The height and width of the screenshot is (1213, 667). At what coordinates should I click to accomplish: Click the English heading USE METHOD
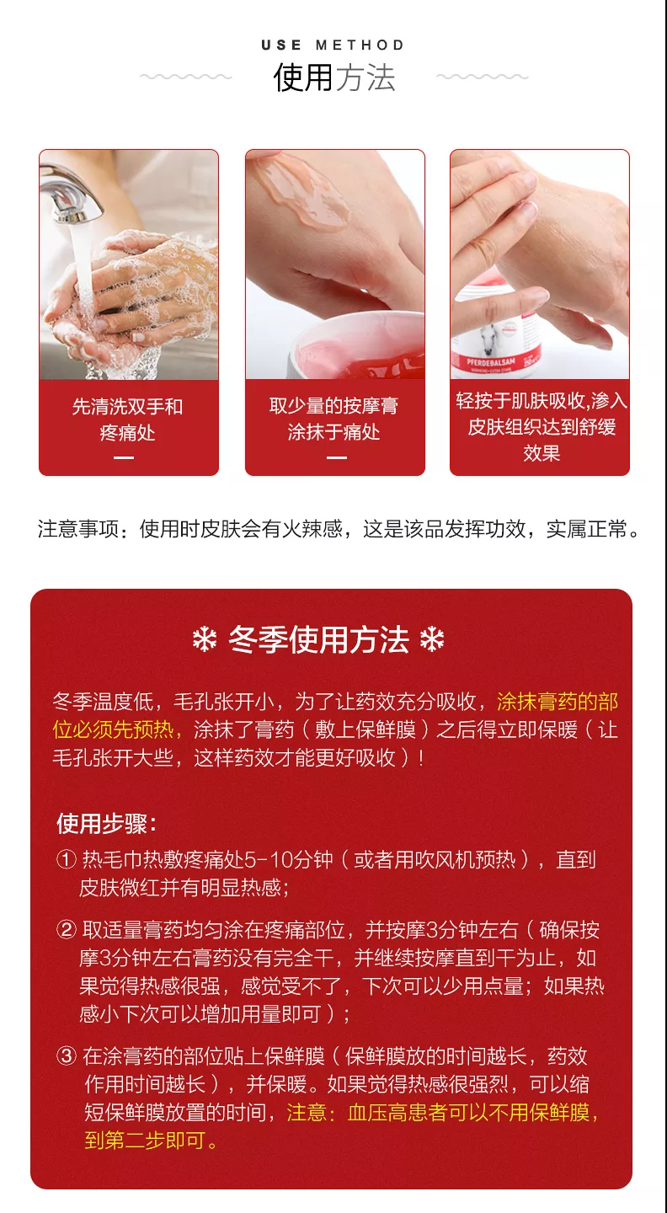tap(333, 45)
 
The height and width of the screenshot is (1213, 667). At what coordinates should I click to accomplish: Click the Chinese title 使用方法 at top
tap(333, 78)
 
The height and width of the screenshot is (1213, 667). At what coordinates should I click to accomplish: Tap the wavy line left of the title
tap(185, 77)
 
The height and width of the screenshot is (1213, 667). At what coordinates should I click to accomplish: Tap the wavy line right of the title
tap(482, 77)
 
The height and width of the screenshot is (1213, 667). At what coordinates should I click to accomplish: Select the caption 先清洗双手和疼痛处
tap(128, 419)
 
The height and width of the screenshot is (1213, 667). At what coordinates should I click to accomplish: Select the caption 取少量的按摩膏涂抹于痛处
tap(334, 419)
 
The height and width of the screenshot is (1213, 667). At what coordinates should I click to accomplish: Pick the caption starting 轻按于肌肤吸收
tap(541, 426)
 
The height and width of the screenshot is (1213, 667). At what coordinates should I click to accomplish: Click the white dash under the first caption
tap(124, 457)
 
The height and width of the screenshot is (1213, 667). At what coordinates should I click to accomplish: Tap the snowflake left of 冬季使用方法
tap(205, 640)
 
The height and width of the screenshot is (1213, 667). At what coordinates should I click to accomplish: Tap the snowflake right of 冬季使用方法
tap(432, 640)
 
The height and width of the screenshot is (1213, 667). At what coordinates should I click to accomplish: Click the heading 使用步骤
tap(106, 823)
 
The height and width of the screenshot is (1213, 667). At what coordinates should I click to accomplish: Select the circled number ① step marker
tap(67, 860)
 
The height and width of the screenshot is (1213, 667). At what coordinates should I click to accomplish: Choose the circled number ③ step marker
tap(67, 1056)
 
